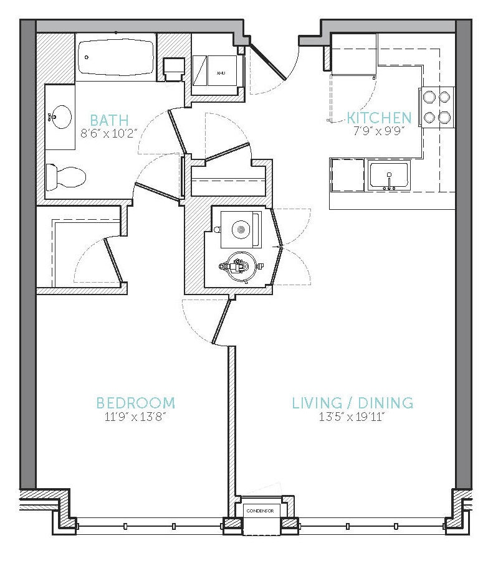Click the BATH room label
(109, 120)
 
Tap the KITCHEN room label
(379, 118)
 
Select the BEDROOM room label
(136, 403)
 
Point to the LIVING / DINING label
(353, 403)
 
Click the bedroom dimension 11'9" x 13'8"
(136, 417)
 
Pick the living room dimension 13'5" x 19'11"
(352, 417)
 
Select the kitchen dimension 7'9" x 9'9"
(379, 131)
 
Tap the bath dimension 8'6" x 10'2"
(109, 133)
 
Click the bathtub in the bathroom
(116, 57)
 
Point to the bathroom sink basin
(60, 116)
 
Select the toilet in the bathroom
(66, 177)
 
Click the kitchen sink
(389, 176)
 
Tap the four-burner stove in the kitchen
(436, 107)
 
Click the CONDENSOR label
(261, 511)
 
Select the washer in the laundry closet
(241, 229)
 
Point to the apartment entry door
(269, 62)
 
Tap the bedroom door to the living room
(221, 323)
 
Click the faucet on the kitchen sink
(389, 181)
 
